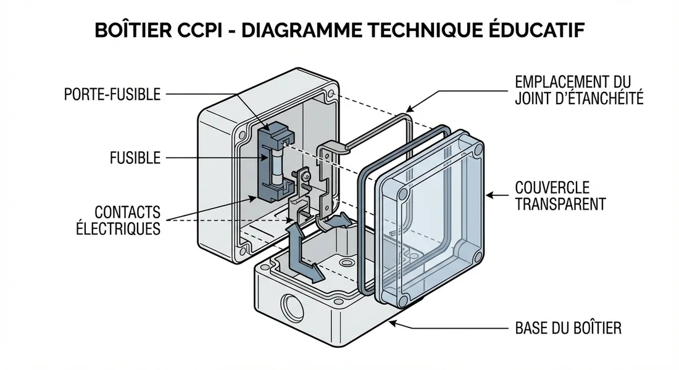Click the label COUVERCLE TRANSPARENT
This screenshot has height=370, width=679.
pos(560,195)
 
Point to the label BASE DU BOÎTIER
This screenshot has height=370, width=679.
pos(568,327)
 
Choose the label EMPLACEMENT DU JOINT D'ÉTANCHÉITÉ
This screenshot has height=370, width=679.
pos(578,90)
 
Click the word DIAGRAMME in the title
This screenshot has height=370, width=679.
pos(299,31)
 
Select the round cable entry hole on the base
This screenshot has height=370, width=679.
pos(290,305)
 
